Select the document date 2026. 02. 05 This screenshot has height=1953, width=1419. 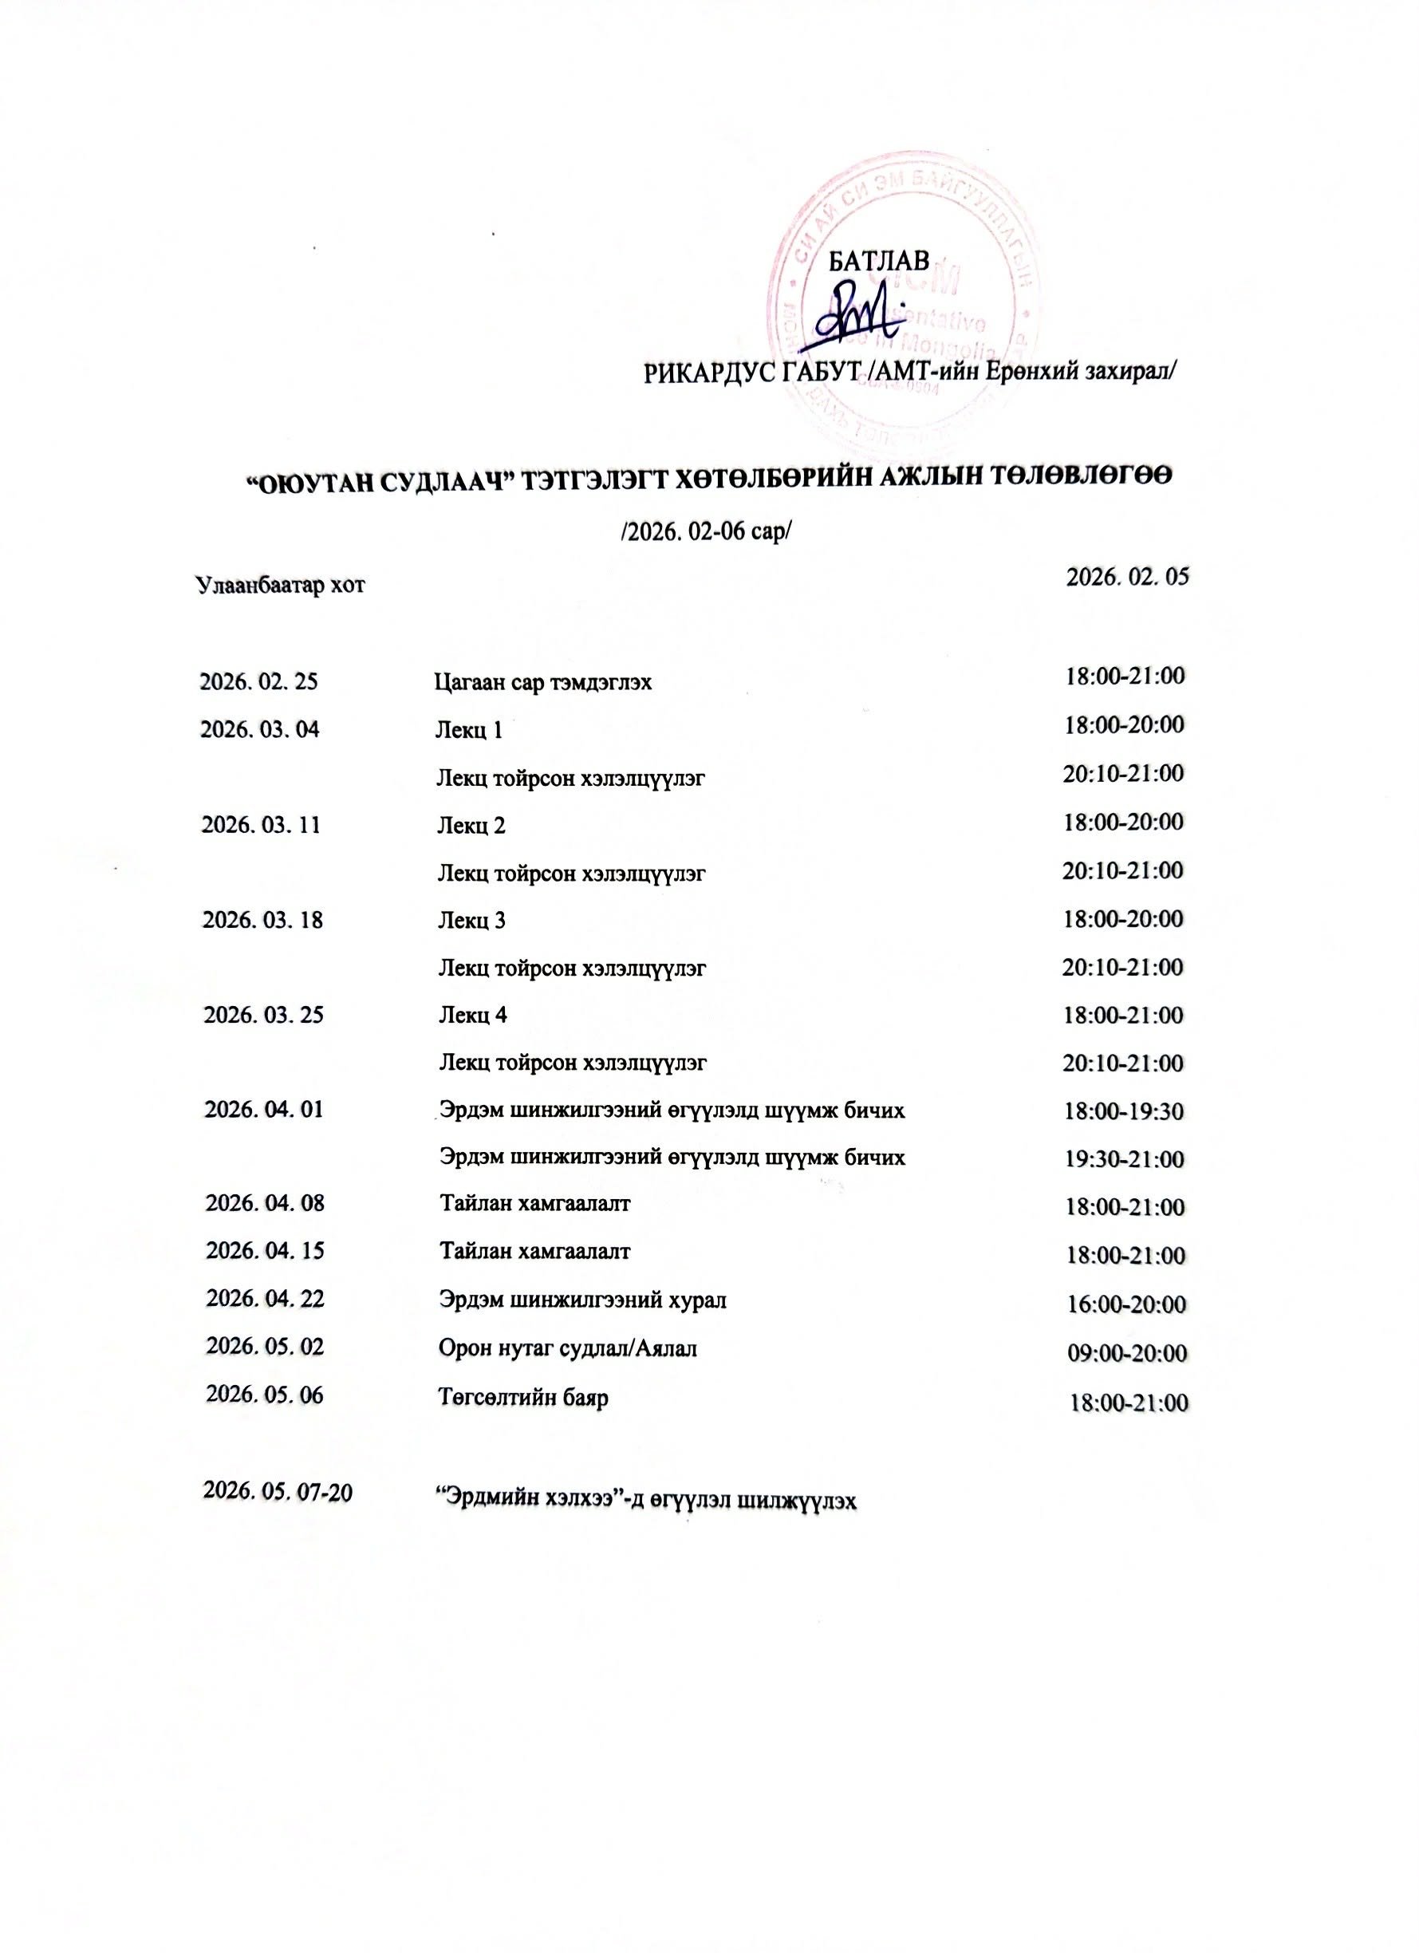[1126, 577]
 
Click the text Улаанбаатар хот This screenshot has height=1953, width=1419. [280, 586]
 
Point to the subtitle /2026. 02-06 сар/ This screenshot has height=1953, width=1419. [705, 531]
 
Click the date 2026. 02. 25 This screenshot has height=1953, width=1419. [258, 682]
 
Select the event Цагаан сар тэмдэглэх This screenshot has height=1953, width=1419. [542, 683]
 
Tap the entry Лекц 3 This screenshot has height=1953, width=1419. [472, 921]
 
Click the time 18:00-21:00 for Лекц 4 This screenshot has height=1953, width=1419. [1123, 1016]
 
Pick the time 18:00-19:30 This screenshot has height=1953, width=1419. [1124, 1111]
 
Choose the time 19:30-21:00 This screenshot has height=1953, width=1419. [1124, 1159]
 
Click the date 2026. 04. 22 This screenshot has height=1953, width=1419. [264, 1298]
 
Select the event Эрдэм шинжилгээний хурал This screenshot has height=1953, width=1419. [582, 1300]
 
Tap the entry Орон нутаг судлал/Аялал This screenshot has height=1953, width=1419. [567, 1347]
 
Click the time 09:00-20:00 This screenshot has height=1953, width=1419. [1127, 1354]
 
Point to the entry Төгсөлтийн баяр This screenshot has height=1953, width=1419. [523, 1397]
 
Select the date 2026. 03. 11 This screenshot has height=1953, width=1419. [261, 825]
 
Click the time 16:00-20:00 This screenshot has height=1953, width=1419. [1126, 1304]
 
